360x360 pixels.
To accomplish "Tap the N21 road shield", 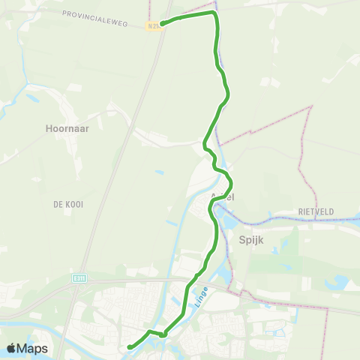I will point(153,25).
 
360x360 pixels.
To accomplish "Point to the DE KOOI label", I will point(67,204).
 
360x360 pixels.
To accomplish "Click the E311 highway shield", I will point(79,277).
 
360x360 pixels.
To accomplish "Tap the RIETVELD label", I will point(316,212).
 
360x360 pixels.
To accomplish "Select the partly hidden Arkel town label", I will point(224,197).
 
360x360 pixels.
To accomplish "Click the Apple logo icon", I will point(12,348).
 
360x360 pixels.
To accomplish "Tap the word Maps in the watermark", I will point(33,348).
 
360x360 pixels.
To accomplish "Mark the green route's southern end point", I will point(129,346).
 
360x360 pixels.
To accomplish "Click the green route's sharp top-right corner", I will point(215,13).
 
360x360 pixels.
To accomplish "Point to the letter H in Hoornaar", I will point(47,128).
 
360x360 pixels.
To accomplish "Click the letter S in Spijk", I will point(241,241).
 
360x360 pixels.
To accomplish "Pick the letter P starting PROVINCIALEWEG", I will point(64,14).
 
